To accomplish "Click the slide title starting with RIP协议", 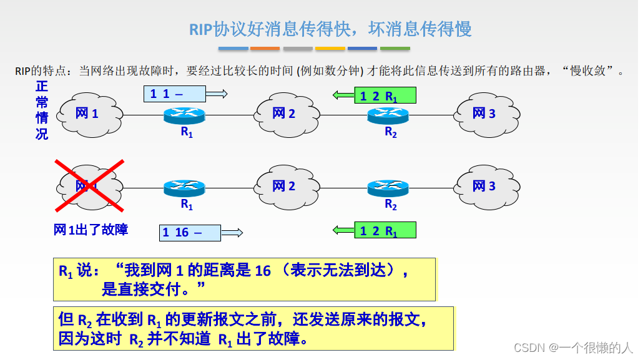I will (330, 29).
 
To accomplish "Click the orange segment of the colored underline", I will (265, 48).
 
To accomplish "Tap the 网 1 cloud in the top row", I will (87, 114).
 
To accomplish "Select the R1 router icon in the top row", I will (185, 115).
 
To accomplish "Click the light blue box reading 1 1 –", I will (174, 94).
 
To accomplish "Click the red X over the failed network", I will (89, 185).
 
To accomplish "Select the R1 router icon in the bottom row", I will (185, 187).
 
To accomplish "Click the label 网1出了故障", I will (91, 230).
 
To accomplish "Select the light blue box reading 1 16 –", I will (190, 233).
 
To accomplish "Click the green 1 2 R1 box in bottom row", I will (385, 230).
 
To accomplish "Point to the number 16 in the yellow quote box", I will (263, 271).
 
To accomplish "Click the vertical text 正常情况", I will (42, 110).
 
